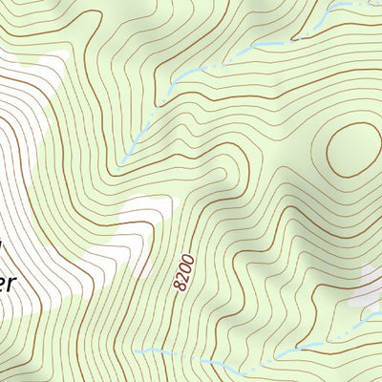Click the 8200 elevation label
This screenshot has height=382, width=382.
click(184, 272)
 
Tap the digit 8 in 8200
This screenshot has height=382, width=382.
click(179, 286)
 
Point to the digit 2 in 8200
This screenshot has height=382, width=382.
click(182, 277)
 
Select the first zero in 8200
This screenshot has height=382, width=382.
click(186, 267)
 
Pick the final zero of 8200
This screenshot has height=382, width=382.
click(189, 259)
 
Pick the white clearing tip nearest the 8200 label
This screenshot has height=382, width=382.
click(143, 267)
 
